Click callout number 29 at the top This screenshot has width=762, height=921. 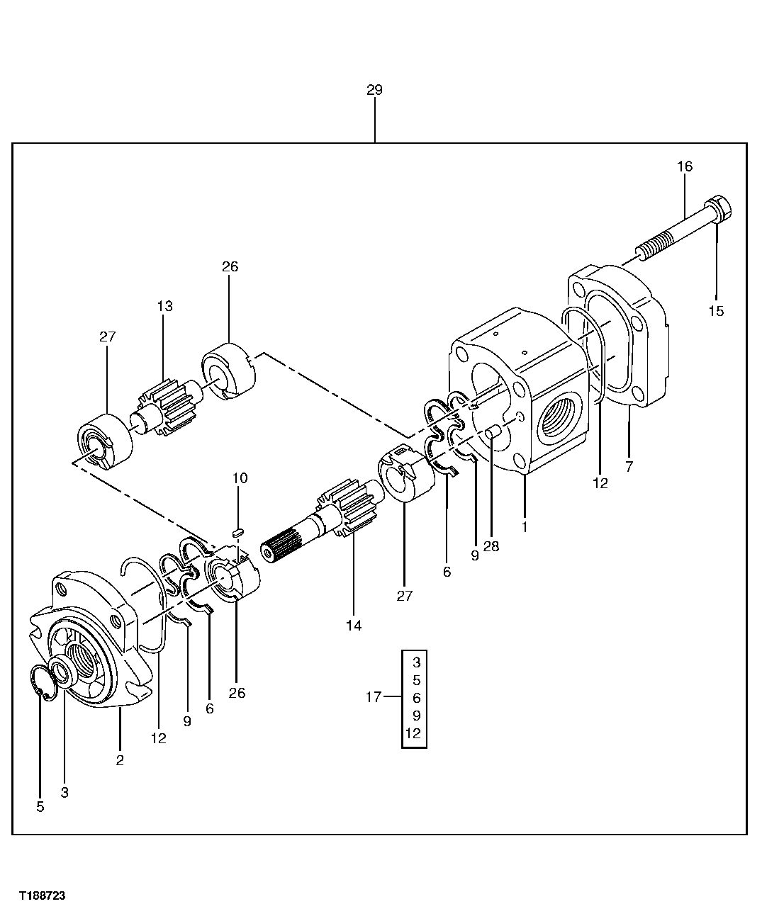coord(374,90)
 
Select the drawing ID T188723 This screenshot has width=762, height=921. coord(42,896)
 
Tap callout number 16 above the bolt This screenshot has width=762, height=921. coord(684,166)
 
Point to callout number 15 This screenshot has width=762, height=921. coord(716,311)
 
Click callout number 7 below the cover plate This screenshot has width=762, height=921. coord(629,466)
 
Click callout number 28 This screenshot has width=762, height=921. coord(491,546)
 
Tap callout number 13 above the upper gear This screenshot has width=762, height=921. coord(164,306)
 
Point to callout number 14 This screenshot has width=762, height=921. coord(353,626)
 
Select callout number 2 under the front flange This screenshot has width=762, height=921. coord(120,761)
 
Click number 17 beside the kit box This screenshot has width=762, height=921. coord(374,698)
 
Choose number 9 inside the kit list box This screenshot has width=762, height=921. coord(416,716)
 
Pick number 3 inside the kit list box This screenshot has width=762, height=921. coord(416,663)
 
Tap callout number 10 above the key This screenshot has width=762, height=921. coord(240,478)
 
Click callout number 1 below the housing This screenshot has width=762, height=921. coord(524,527)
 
